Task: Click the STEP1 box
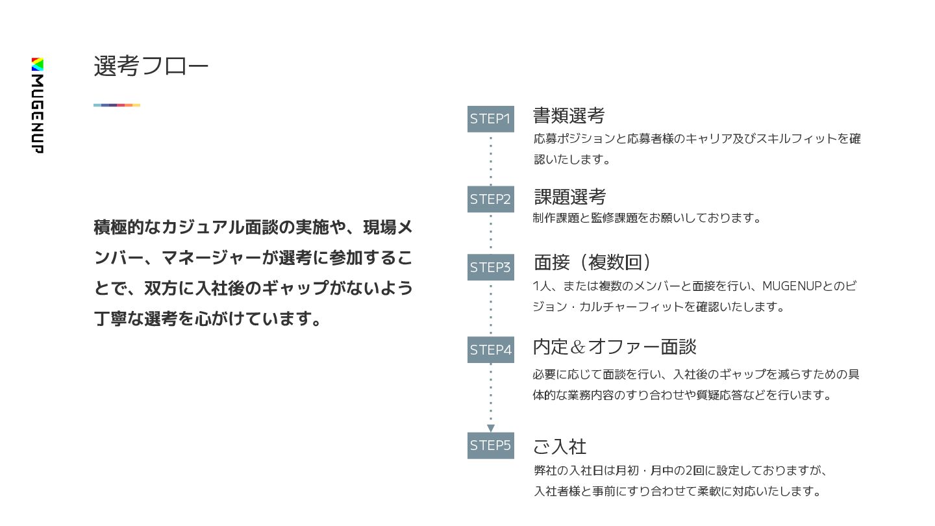(490, 119)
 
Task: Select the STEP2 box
(490, 199)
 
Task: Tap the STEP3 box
(490, 267)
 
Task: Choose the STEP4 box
(490, 349)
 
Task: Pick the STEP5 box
(490, 445)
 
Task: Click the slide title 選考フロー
(151, 66)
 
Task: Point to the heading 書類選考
(569, 116)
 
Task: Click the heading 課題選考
(570, 196)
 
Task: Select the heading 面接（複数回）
(592, 262)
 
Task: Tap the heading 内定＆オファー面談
(614, 347)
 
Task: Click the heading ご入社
(560, 446)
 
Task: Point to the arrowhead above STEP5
(491, 428)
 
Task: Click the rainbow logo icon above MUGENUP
(38, 64)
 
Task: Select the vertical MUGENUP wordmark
(38, 114)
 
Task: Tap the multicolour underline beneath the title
(117, 105)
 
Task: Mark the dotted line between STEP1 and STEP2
(491, 159)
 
